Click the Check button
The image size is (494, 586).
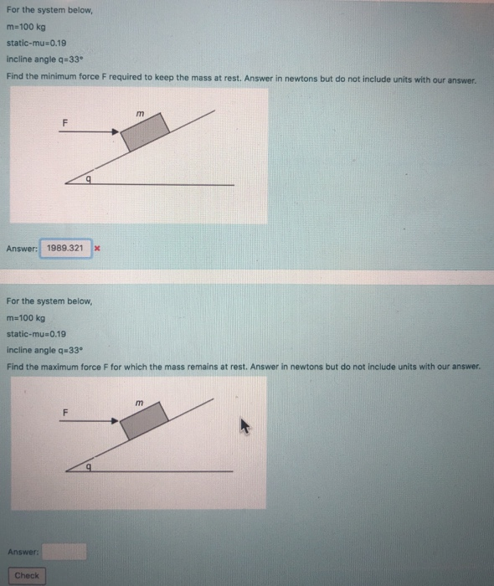pyautogui.click(x=26, y=575)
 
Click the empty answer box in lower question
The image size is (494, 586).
pyautogui.click(x=64, y=551)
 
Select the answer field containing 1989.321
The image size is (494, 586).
pyautogui.click(x=65, y=249)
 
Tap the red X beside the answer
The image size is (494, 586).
pyautogui.click(x=98, y=249)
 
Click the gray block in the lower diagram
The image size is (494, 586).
pyautogui.click(x=145, y=419)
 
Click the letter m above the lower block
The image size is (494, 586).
pyautogui.click(x=142, y=404)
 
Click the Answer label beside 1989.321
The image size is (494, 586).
pyautogui.click(x=22, y=249)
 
